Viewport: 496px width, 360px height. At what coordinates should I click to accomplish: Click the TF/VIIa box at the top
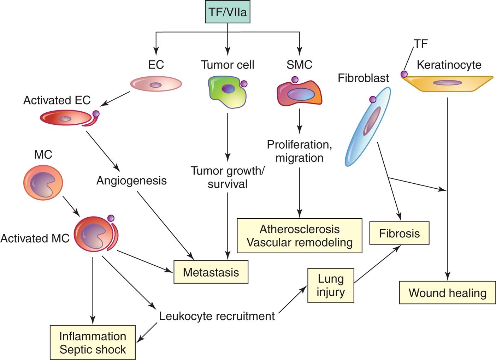click(228, 12)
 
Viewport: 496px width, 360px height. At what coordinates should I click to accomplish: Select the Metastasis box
click(211, 272)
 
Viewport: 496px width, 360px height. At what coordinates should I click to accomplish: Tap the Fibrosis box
click(399, 233)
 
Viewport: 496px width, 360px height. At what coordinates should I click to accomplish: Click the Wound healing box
click(447, 293)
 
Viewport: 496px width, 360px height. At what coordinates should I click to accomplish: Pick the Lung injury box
click(331, 285)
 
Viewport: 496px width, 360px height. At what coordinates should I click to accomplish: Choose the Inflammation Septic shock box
click(93, 342)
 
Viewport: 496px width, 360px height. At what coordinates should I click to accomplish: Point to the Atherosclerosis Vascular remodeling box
click(300, 236)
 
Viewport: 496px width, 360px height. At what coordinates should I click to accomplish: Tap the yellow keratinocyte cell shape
click(447, 83)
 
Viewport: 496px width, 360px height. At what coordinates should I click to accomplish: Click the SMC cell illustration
click(300, 93)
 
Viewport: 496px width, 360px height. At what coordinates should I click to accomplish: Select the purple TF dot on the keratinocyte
click(404, 74)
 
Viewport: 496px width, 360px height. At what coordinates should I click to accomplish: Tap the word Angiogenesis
click(131, 181)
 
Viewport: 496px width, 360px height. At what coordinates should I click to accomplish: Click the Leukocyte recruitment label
click(217, 316)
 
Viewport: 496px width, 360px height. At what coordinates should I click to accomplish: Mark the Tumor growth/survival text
click(228, 177)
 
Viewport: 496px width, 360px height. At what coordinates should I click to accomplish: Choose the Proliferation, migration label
click(300, 151)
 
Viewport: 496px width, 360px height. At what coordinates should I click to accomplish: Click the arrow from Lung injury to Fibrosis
click(377, 264)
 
